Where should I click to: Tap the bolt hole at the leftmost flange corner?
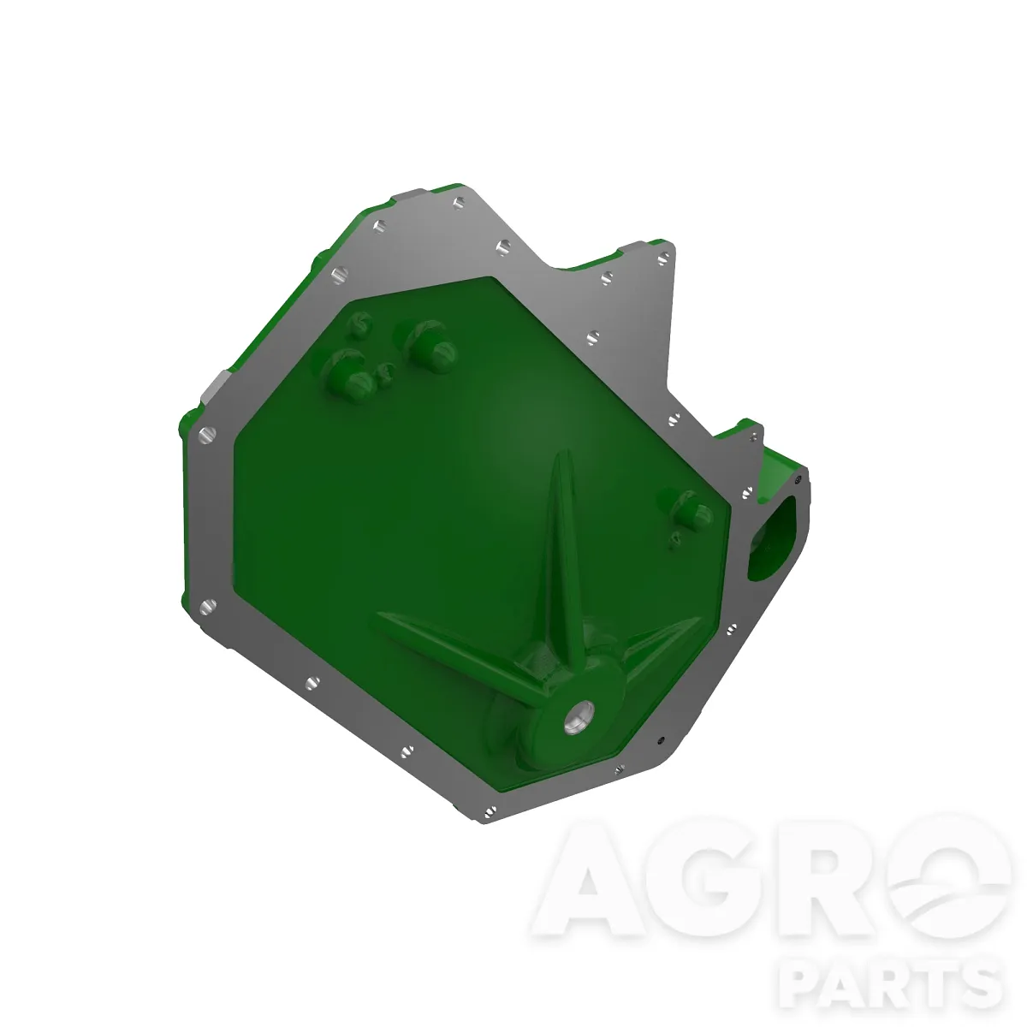tap(207, 435)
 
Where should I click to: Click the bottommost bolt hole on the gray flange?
tap(490, 812)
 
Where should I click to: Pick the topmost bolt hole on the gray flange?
tap(459, 203)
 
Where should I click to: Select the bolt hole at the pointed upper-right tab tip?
tap(663, 259)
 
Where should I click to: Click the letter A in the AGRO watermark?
tap(587, 886)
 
